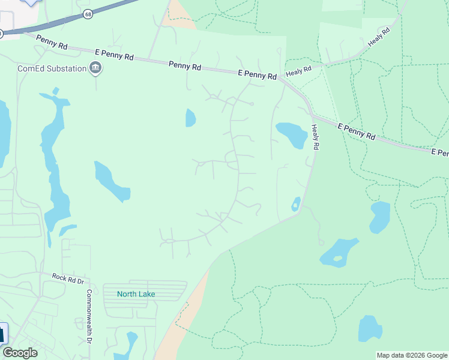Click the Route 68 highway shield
click(x=88, y=14)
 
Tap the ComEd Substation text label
click(x=52, y=68)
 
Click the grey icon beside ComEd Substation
click(x=95, y=68)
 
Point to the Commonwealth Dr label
click(x=88, y=317)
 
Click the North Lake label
click(x=136, y=293)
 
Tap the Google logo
click(x=20, y=352)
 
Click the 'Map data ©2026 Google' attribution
click(x=412, y=355)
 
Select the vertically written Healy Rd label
click(x=315, y=137)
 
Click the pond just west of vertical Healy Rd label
click(x=292, y=134)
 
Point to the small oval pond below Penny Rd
click(x=190, y=118)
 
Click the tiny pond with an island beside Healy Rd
click(x=295, y=204)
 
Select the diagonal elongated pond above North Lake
click(x=112, y=181)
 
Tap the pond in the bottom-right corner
click(x=370, y=328)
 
